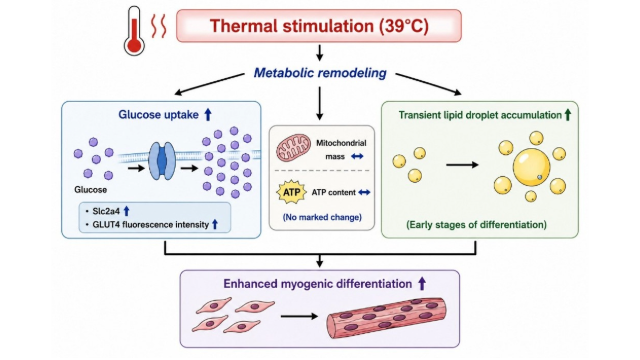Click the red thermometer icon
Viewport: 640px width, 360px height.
[x=135, y=31]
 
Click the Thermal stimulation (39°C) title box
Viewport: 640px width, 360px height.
[x=319, y=26]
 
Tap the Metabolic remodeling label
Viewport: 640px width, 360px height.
[x=320, y=73]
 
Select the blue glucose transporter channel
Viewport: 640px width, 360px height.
[x=162, y=161]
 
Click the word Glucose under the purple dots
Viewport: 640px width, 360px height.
[x=91, y=190]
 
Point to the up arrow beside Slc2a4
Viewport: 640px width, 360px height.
[x=127, y=211]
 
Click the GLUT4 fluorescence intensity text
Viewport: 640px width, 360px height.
[x=151, y=224]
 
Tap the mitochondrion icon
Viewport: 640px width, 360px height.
[x=293, y=149]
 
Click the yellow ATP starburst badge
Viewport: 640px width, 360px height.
[x=291, y=192]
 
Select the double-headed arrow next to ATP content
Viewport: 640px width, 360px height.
[x=364, y=192]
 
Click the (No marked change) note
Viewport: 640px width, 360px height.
[x=322, y=217]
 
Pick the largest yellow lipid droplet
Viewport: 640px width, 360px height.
[x=531, y=167]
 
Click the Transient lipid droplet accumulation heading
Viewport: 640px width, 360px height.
[x=480, y=115]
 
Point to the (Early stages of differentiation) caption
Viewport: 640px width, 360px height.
[x=476, y=224]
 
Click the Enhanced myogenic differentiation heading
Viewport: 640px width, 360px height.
[x=318, y=284]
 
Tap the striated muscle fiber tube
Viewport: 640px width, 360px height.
[x=386, y=318]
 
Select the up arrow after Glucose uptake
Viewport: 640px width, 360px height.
[x=208, y=114]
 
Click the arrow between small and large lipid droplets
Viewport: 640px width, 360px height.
[x=462, y=165]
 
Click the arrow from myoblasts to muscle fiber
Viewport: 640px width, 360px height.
[x=299, y=316]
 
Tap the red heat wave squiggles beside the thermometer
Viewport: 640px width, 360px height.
[x=159, y=27]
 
